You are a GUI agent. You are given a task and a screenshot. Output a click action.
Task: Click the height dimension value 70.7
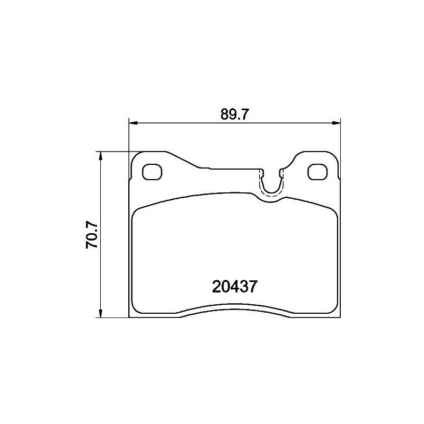[91, 235]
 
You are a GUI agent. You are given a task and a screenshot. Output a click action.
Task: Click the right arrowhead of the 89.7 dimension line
[335, 123]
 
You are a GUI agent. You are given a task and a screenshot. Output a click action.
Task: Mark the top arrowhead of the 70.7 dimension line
[100, 155]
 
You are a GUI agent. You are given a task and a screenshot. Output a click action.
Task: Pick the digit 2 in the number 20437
[216, 287]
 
